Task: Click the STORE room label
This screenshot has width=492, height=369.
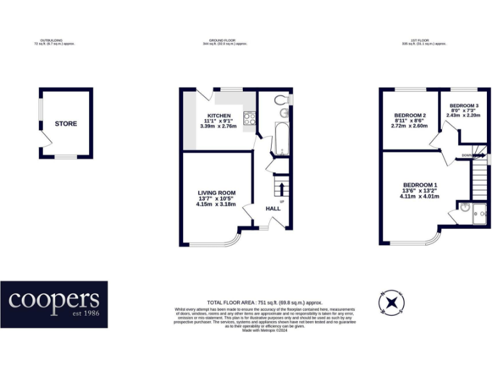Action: coord(65,124)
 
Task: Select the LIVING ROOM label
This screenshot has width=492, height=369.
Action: coord(217,193)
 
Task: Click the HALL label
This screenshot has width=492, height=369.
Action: coord(274,208)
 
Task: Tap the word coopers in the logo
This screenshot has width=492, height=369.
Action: coord(54,300)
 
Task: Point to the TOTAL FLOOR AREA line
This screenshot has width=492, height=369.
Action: coord(265,302)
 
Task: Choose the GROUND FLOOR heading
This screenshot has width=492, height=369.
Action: coord(224,40)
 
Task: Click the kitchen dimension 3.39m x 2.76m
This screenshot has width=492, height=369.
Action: coord(218,126)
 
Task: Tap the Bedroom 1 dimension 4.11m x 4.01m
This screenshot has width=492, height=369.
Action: coord(420,197)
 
